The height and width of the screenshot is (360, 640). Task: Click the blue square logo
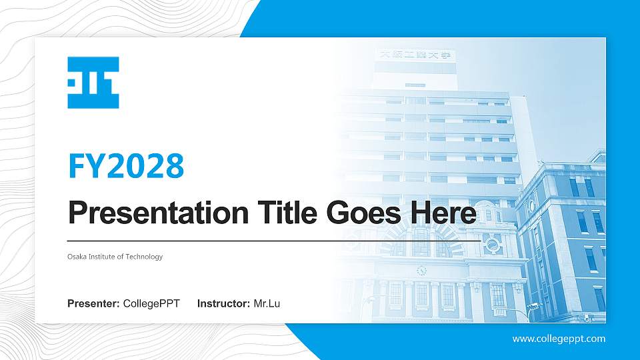click(93, 83)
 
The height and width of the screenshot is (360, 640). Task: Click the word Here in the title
click(443, 213)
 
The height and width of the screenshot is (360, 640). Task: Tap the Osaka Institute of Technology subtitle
click(115, 257)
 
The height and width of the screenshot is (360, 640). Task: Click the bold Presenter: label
click(93, 304)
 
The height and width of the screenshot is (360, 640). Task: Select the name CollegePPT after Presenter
click(151, 304)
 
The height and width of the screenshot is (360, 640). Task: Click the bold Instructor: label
click(224, 304)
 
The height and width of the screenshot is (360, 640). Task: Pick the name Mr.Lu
click(267, 304)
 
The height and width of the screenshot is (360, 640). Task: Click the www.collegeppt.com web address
click(559, 339)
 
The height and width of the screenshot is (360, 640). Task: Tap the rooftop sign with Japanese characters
click(416, 55)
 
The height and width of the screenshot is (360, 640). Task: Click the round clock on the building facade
click(421, 270)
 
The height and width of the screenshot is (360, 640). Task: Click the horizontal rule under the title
click(267, 241)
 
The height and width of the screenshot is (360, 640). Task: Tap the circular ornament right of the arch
click(493, 245)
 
